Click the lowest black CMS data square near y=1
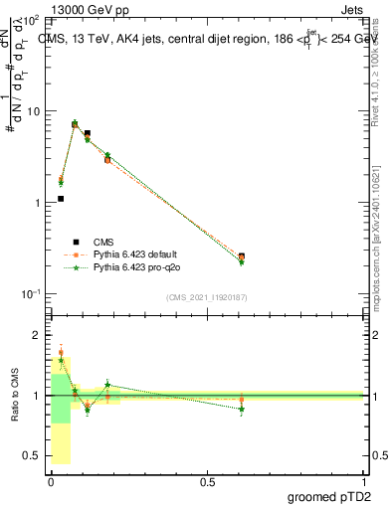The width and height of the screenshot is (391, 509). pyautogui.click(x=61, y=199)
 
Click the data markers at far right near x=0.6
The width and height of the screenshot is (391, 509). pyautogui.click(x=242, y=257)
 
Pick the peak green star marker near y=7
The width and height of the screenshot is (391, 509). pyautogui.click(x=75, y=124)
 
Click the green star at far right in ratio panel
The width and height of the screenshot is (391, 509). pyautogui.click(x=242, y=409)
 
